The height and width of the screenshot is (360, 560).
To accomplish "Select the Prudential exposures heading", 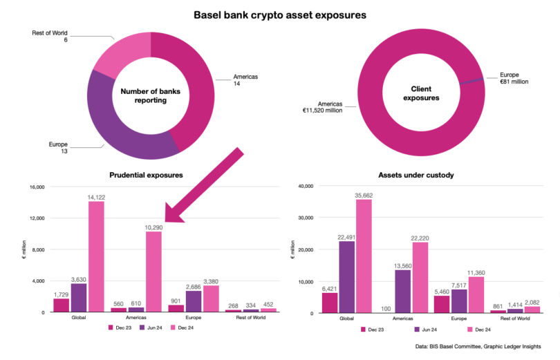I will [146, 175].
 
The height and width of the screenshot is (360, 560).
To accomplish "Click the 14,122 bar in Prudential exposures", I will [95, 256].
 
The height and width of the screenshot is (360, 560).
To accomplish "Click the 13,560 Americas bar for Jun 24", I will [403, 291].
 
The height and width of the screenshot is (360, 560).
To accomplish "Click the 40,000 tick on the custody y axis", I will [304, 186].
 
